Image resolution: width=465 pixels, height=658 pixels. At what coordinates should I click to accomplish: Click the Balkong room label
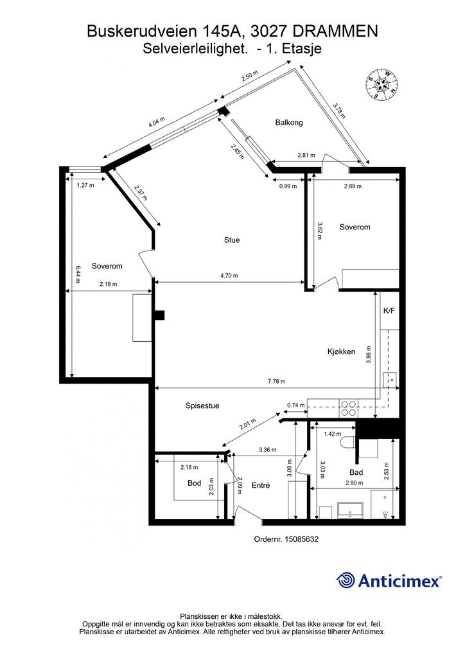pos(289,123)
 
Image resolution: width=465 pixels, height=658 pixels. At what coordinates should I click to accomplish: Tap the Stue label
pos(232,240)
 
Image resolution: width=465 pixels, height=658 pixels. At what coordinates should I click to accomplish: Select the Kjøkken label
pos(341,351)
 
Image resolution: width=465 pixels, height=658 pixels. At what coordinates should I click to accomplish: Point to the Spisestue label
pos(202,406)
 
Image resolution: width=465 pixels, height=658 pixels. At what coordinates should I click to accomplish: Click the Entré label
pos(261,485)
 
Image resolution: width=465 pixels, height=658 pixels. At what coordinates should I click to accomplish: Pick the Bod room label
pos(194,483)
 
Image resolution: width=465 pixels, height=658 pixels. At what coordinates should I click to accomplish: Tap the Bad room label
pos(356,472)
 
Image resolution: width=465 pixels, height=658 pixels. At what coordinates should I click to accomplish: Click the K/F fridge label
pos(389,311)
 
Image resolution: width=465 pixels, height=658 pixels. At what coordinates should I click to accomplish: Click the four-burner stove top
pos(349,408)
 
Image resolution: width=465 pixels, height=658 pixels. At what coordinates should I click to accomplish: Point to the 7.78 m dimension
pos(276,382)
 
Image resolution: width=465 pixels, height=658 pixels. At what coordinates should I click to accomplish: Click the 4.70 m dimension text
pos(229,276)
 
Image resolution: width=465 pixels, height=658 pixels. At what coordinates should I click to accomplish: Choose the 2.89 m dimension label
pos(353,186)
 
